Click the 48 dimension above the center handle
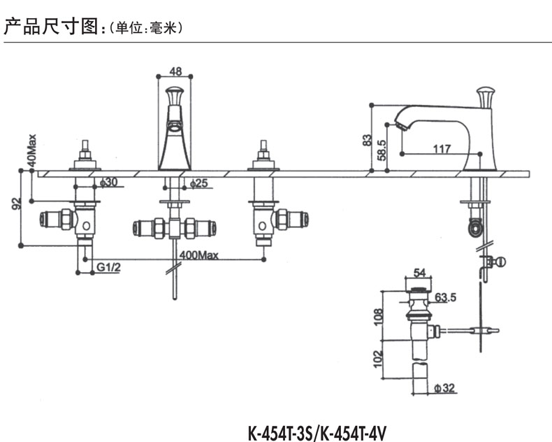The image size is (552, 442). (175, 71)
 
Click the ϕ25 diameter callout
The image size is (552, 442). (200, 183)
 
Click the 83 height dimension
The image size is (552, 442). (368, 139)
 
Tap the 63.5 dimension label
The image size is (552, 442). (446, 297)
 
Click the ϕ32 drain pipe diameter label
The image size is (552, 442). (444, 388)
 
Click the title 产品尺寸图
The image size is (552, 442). (52, 27)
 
